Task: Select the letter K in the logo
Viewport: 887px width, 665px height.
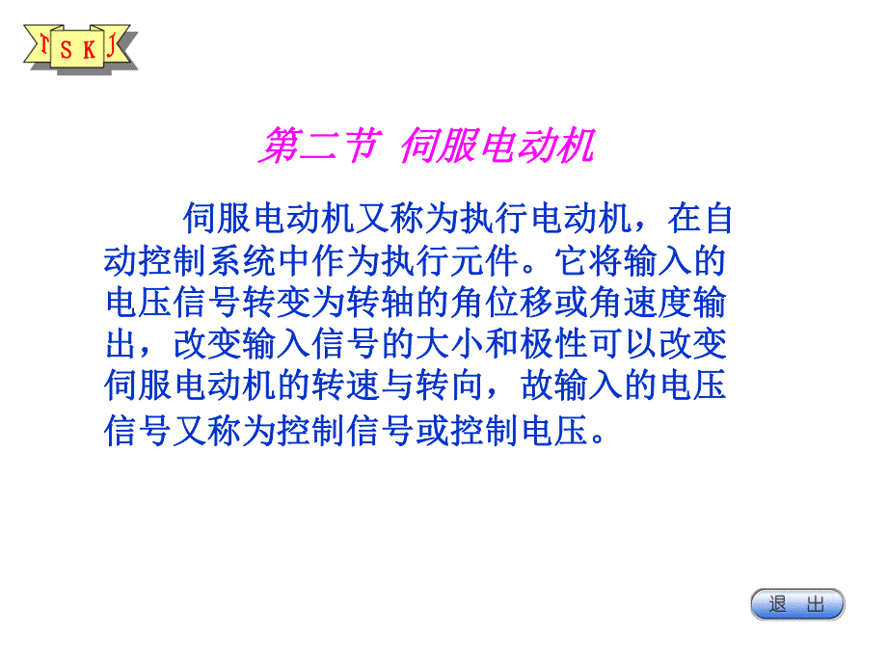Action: point(89,50)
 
